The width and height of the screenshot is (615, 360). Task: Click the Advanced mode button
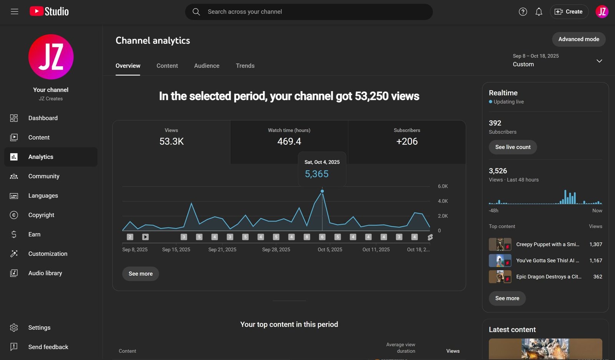pos(578,39)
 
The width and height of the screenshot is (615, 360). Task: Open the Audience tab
pos(206,66)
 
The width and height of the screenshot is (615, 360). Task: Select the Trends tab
pos(245,66)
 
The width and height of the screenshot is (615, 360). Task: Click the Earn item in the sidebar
pos(34,234)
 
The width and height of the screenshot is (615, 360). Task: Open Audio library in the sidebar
pos(45,273)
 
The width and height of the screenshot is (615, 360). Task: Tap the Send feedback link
pos(48,347)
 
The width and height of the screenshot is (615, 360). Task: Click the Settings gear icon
pos(14,328)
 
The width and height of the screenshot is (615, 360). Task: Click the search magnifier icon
pos(196,12)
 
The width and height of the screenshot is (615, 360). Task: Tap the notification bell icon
pos(539,12)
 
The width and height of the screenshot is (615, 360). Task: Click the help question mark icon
pos(523,12)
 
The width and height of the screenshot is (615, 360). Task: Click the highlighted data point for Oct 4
pos(322,191)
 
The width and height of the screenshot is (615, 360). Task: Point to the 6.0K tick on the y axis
pos(443,187)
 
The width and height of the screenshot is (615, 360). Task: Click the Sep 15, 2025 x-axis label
pos(176,250)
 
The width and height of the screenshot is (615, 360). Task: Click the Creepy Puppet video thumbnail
pos(500,244)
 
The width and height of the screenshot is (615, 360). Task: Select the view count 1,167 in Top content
pos(595,260)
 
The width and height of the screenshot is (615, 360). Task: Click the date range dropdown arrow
pos(599,61)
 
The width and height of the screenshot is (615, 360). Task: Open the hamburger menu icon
pos(15,12)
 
